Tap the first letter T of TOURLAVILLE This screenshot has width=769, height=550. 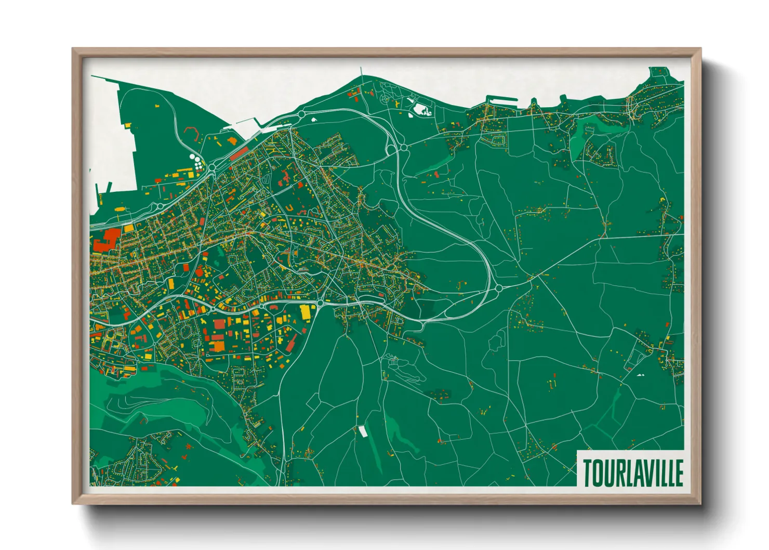[x=587, y=472]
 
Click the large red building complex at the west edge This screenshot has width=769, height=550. [x=108, y=239]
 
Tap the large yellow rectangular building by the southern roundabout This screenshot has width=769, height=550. [x=305, y=312]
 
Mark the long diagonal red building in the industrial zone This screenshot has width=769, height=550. [x=291, y=343]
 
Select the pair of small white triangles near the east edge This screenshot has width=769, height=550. [x=640, y=374]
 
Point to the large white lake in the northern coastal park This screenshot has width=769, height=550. [x=421, y=109]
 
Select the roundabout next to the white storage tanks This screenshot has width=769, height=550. [x=212, y=167]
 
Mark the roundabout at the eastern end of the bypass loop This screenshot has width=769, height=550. [x=498, y=287]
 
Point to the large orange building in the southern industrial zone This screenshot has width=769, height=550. [x=217, y=346]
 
